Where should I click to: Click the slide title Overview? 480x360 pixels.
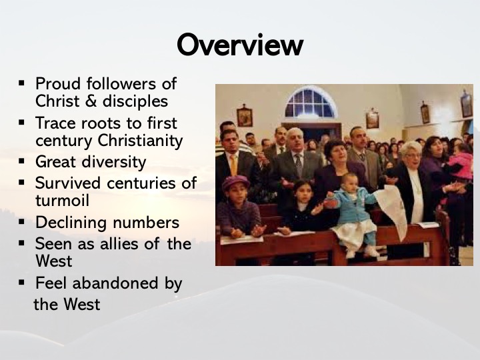click(x=240, y=45)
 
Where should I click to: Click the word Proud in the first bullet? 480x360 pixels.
click(x=58, y=83)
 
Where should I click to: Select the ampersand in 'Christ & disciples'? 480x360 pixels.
click(x=91, y=101)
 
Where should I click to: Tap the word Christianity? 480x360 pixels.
click(x=140, y=141)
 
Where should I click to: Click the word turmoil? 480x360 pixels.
click(x=62, y=201)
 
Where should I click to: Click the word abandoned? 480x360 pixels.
click(x=115, y=283)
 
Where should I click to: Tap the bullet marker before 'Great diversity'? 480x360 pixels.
click(x=21, y=161)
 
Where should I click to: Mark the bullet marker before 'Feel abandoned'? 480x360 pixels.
click(x=21, y=282)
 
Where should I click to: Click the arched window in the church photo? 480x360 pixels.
click(x=309, y=103)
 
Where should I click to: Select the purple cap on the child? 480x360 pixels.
click(x=235, y=183)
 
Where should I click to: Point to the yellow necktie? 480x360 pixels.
click(x=233, y=165)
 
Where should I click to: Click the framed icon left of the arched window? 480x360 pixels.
click(x=244, y=116)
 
